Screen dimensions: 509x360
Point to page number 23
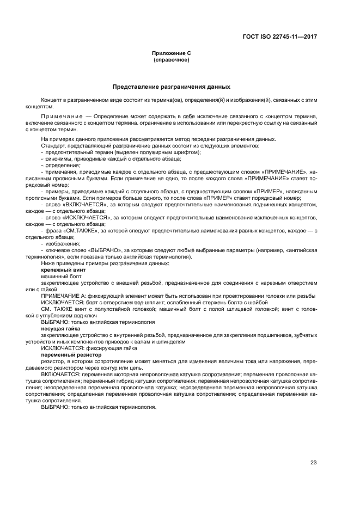click(314, 463)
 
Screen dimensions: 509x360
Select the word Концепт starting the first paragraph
click(51, 101)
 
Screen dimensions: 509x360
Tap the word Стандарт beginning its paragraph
click(53, 145)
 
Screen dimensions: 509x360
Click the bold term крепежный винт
click(63, 269)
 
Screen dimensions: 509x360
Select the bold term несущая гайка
click(60, 329)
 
